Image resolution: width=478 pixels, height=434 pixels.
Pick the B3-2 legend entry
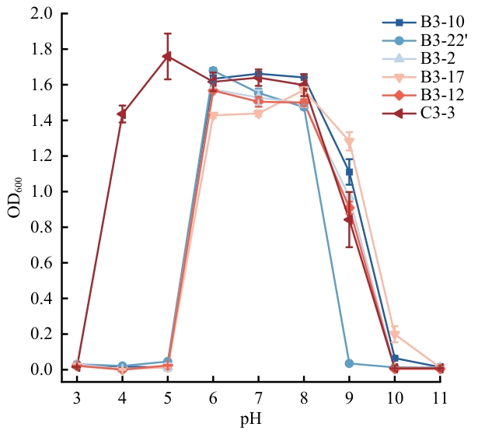click(436, 58)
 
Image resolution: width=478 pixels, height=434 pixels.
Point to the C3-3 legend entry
click(436, 112)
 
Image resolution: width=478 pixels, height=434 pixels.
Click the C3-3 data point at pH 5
click(167, 57)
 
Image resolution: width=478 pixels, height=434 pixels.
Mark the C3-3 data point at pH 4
click(122, 114)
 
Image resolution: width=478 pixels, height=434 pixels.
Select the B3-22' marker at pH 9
click(350, 363)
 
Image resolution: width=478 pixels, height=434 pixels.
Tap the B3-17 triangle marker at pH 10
click(395, 335)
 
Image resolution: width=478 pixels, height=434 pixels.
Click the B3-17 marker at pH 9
click(350, 142)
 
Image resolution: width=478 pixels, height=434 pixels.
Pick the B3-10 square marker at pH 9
click(350, 172)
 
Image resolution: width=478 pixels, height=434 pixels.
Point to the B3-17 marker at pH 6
click(213, 116)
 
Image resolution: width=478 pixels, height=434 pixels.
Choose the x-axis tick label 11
click(440, 397)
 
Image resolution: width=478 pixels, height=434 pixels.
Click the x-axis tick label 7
click(258, 397)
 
